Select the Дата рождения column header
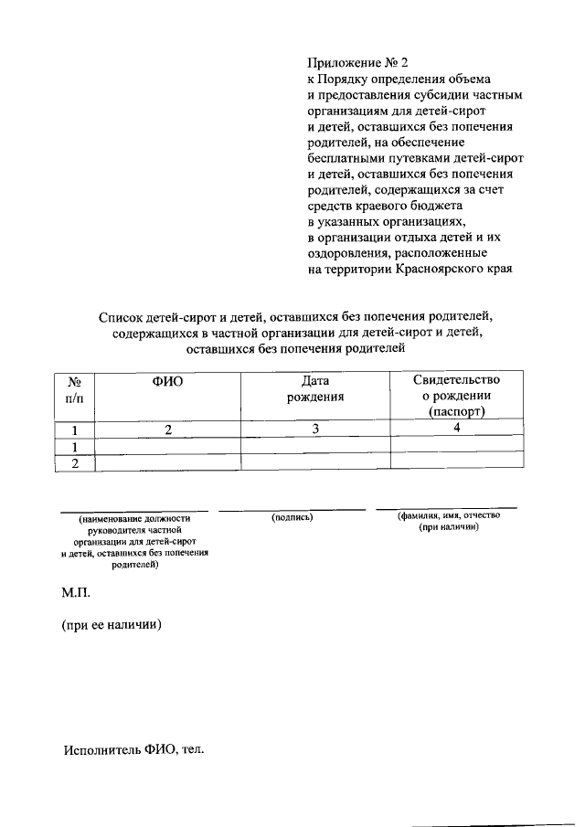pyautogui.click(x=314, y=388)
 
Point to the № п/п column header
pyautogui.click(x=76, y=388)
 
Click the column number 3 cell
pyautogui.click(x=314, y=429)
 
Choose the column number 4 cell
pyautogui.click(x=457, y=429)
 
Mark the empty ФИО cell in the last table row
pyautogui.click(x=168, y=461)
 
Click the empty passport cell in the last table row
pyautogui.click(x=457, y=461)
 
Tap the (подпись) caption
pyautogui.click(x=292, y=517)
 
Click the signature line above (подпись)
pyautogui.click(x=292, y=509)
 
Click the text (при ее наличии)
pyautogui.click(x=112, y=626)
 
